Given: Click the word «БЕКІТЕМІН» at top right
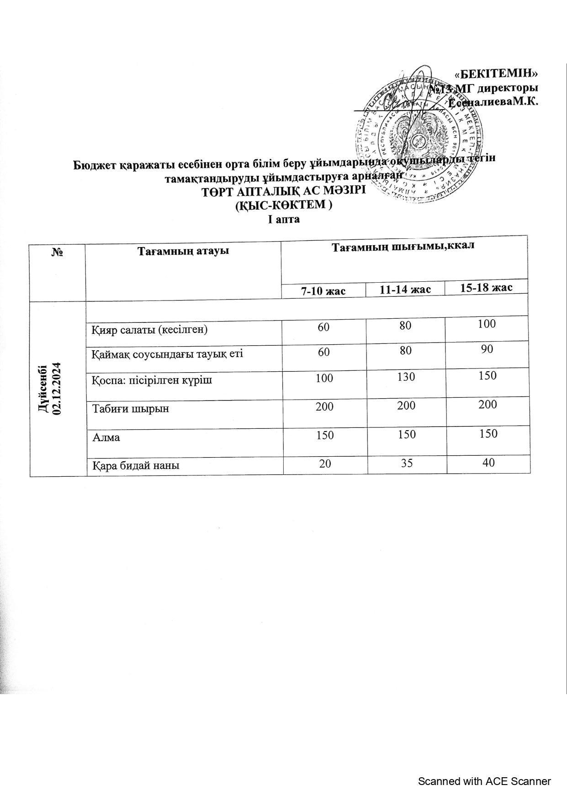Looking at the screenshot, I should [496, 74].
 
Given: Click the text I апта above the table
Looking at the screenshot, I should [284, 220].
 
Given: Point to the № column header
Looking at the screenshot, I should [57, 252].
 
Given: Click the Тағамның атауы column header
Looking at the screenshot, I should [183, 251].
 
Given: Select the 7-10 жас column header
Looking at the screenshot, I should [323, 291].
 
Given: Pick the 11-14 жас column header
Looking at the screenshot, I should [405, 290].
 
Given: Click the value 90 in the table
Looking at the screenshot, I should [487, 349].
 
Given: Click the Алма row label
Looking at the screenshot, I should [106, 437].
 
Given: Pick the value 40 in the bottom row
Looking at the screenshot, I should [488, 462].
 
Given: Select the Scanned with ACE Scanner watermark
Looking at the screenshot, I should [484, 781].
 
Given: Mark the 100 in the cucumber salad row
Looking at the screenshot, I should [487, 324].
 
